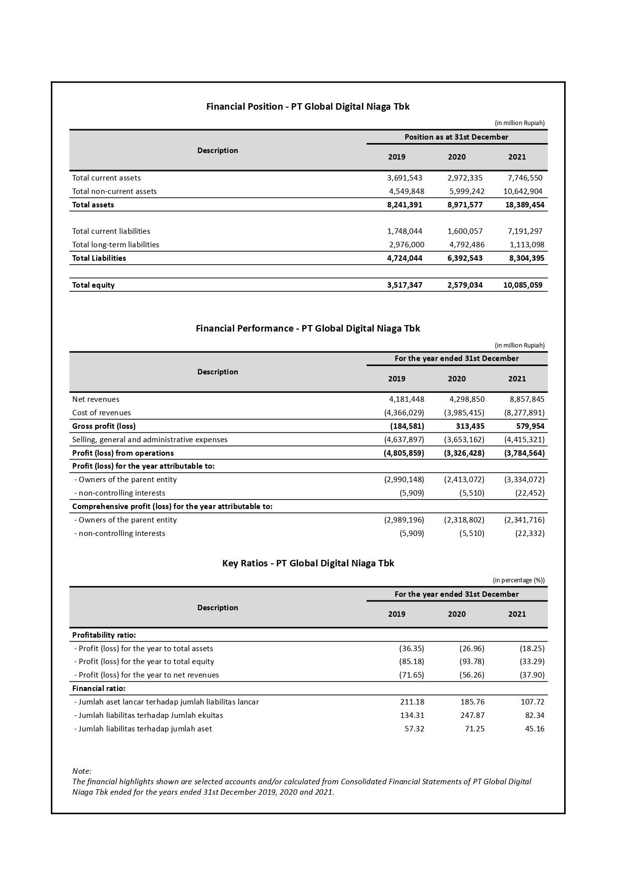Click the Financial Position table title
point(308,106)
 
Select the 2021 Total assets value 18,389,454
point(524,204)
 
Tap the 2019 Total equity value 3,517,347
point(404,285)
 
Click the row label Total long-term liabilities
point(116,244)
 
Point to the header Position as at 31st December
point(456,137)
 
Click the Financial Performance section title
point(308,328)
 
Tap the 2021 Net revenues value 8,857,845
point(527,399)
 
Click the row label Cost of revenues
point(101,412)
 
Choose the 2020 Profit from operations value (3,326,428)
point(463,453)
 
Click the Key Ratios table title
point(308,563)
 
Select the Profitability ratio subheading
point(104,635)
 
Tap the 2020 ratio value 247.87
point(472,715)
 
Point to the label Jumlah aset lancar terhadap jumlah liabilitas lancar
point(166,701)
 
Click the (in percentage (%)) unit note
point(518,580)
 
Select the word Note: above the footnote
point(82,771)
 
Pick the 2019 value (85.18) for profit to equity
point(411,661)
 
